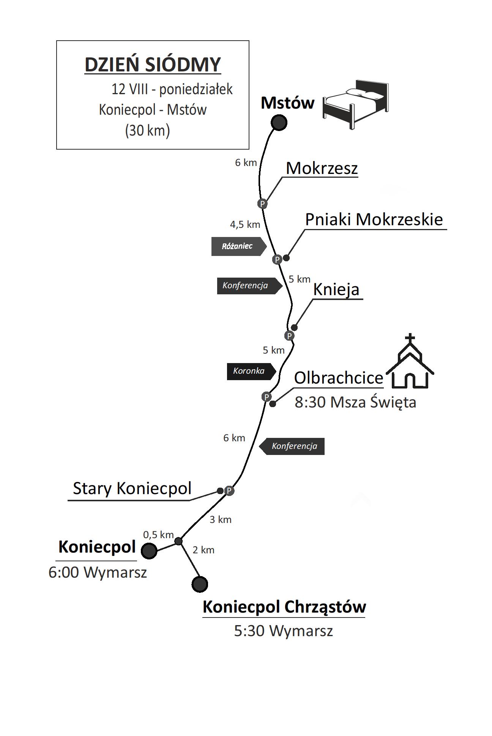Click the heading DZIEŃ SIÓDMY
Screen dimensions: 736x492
[x=153, y=65]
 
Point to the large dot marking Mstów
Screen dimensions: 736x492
[x=279, y=123]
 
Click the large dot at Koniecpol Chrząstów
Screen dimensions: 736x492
[x=200, y=584]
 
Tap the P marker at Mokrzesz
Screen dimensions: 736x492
[x=262, y=204]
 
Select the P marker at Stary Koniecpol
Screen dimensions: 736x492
[x=229, y=491]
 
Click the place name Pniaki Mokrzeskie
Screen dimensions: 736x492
[x=374, y=220]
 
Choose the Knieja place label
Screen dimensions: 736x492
[x=336, y=290]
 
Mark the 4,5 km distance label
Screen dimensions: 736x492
[x=245, y=224]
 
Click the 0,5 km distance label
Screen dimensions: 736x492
[x=158, y=535]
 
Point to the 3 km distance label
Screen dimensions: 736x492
[x=221, y=520]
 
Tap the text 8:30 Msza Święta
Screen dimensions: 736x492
[x=355, y=402]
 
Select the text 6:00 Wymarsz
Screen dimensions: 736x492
[x=98, y=572]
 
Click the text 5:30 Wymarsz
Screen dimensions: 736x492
[x=283, y=631]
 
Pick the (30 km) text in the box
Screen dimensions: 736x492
[x=148, y=130]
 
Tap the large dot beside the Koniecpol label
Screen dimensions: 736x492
[x=149, y=551]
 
